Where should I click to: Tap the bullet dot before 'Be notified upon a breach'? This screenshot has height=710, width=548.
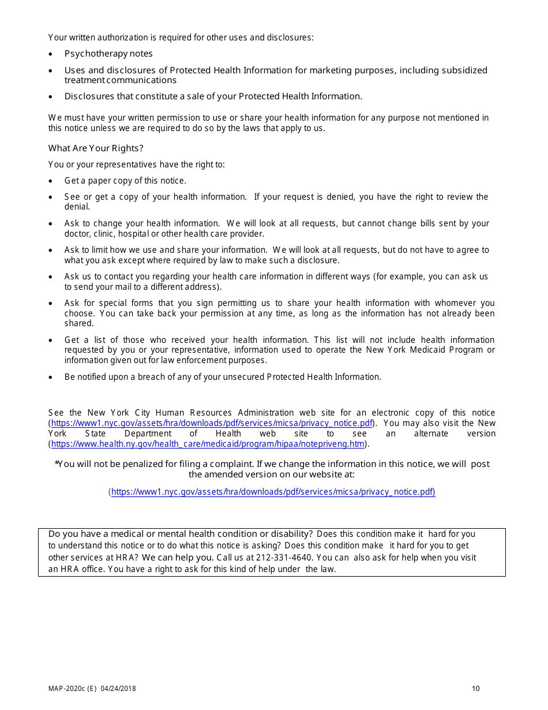pos(51,378)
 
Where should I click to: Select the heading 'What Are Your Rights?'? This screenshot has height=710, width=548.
pos(96,148)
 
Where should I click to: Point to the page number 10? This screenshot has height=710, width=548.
pos(475,689)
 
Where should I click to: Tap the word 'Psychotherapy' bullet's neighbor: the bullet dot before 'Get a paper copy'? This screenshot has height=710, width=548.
pos(51,181)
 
